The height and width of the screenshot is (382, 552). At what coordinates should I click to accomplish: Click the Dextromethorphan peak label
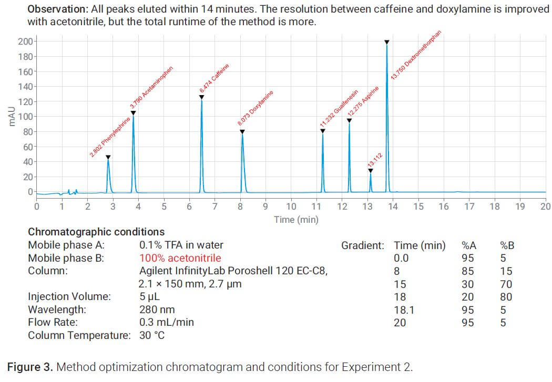pos(415,56)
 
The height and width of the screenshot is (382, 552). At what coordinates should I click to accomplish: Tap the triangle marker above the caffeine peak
pos(201,97)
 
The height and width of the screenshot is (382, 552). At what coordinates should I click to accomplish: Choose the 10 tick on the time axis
pos(291,207)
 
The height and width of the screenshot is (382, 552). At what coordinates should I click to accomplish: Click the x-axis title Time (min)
pos(296,220)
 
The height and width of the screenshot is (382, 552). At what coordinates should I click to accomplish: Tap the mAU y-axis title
pos(11,116)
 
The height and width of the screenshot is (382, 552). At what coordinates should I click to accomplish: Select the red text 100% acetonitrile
pos(180,258)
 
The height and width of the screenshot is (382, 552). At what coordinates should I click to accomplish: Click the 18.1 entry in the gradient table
pos(404,310)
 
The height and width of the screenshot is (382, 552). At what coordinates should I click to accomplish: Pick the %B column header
pos(507,245)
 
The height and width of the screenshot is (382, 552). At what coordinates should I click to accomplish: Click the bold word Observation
pos(58,9)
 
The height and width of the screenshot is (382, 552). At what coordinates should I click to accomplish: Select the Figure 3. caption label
pos(29,367)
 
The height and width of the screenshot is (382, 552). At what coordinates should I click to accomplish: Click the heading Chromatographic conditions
pos(96,232)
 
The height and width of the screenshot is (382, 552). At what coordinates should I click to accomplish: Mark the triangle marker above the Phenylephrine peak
pos(108,157)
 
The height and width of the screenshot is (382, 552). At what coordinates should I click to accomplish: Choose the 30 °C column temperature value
pos(152,335)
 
